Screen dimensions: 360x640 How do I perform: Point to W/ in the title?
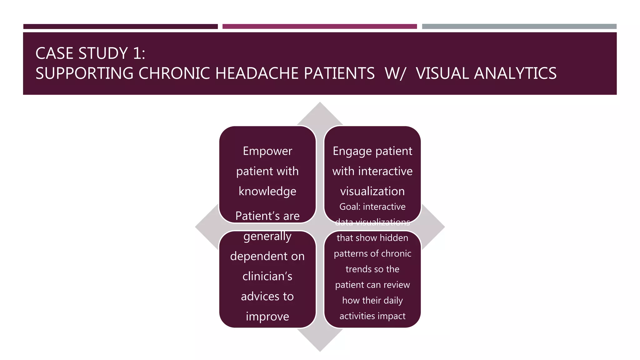point(395,73)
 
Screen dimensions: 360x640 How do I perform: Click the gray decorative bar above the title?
point(519,27)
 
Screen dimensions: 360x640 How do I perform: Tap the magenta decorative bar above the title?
point(319,27)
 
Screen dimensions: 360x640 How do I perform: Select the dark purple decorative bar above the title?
point(120,27)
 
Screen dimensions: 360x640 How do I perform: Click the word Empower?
point(267,151)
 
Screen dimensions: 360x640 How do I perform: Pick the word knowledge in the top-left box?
point(267,191)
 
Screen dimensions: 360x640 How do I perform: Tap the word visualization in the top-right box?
point(372,191)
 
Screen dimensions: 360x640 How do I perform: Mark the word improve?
point(267,317)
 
